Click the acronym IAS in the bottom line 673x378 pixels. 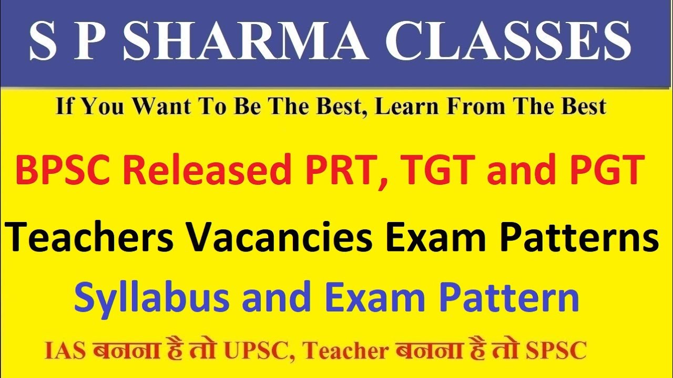coord(65,351)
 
